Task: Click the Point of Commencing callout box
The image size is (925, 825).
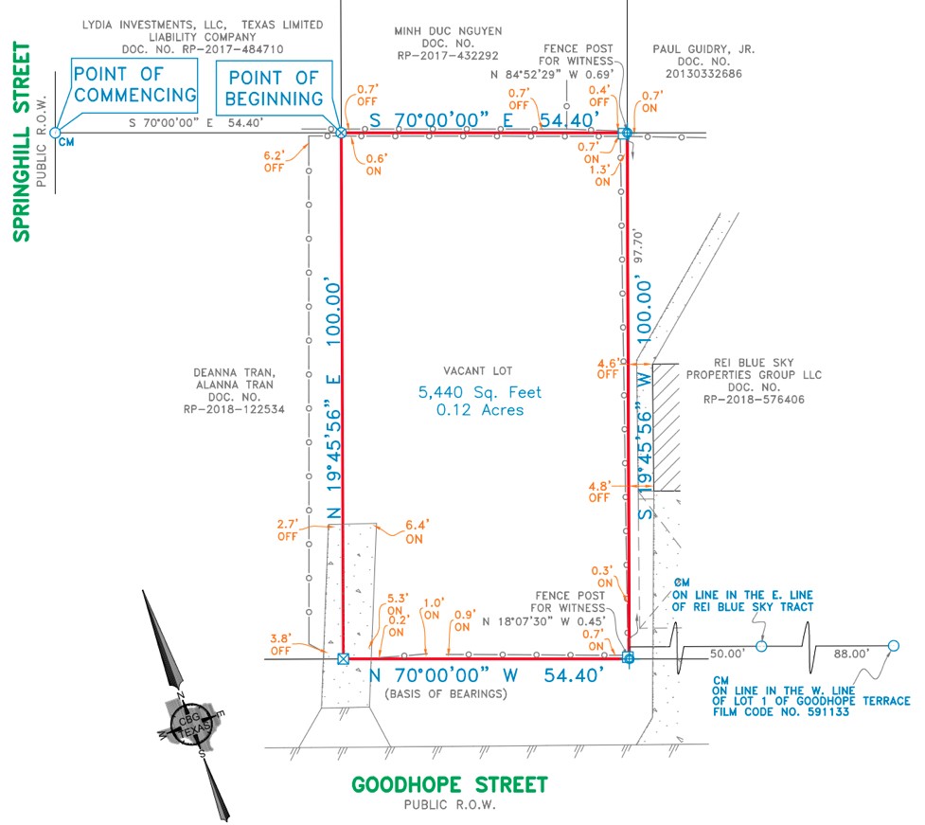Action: (135, 84)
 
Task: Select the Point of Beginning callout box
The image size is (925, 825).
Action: (275, 87)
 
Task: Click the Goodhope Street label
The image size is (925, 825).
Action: (450, 784)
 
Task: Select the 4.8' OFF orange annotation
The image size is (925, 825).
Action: (598, 491)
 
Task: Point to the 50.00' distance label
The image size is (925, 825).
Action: (728, 654)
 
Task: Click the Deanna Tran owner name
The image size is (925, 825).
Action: (235, 373)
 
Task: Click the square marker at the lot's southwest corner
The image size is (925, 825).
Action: (343, 657)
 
